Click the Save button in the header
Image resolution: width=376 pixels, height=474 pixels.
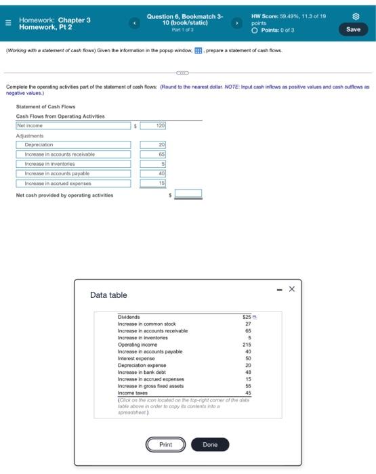(354, 29)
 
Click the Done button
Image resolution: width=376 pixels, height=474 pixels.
(210, 445)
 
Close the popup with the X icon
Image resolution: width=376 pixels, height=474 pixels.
(291, 289)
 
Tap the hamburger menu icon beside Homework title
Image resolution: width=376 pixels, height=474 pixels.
(7, 24)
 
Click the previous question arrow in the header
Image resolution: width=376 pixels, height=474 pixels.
(134, 24)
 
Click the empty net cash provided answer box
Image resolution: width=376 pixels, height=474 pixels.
(188, 194)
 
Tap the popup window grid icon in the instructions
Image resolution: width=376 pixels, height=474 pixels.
(198, 51)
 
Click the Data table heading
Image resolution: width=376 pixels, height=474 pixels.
(108, 295)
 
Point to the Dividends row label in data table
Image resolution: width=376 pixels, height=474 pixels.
(129, 317)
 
